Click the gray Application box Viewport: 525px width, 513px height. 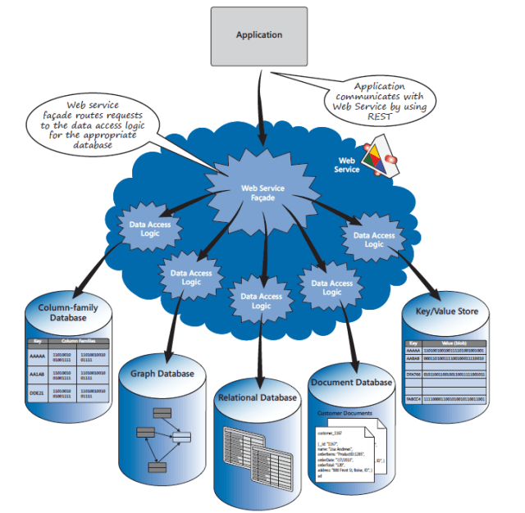click(x=259, y=35)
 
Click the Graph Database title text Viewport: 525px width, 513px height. click(x=162, y=374)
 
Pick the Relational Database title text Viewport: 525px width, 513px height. click(x=258, y=397)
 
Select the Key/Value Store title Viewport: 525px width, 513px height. click(x=447, y=311)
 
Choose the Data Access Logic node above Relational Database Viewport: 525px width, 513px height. click(x=260, y=301)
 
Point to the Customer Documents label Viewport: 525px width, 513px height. click(x=345, y=412)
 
